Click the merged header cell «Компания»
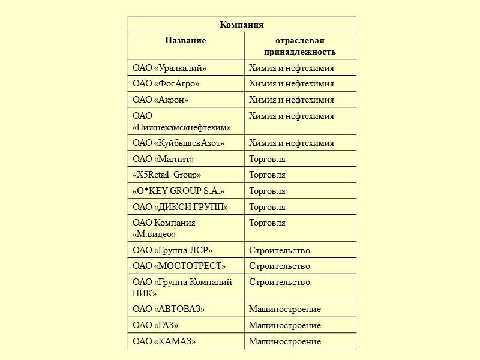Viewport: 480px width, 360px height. point(242,25)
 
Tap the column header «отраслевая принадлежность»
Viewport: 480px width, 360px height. point(300,46)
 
